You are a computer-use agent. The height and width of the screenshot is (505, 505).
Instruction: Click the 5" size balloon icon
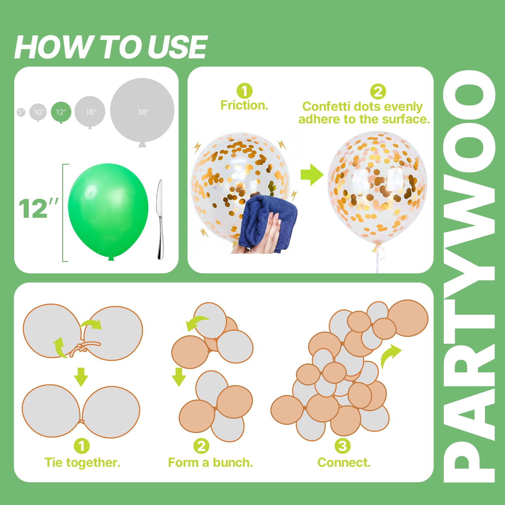click(x=21, y=112)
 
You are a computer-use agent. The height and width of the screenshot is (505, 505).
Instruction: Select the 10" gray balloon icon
click(x=38, y=112)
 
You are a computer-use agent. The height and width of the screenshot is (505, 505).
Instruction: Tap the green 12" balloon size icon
click(x=61, y=112)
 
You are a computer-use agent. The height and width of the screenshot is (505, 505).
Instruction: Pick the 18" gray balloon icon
click(x=90, y=112)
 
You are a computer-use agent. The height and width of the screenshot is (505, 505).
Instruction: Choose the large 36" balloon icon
click(x=142, y=112)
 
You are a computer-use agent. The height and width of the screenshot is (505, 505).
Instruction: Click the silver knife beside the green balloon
click(x=160, y=220)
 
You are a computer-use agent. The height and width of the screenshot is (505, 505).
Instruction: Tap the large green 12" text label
click(x=39, y=209)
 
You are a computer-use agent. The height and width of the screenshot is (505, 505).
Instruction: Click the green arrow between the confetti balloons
click(x=312, y=175)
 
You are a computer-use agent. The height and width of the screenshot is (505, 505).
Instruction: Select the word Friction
click(x=244, y=105)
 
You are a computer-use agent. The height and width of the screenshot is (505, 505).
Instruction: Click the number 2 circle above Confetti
click(x=378, y=92)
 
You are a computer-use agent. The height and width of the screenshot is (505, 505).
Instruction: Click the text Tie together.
click(x=83, y=462)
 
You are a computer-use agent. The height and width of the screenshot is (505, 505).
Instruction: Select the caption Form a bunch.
click(x=211, y=462)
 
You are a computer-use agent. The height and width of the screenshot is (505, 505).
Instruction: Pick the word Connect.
click(x=344, y=462)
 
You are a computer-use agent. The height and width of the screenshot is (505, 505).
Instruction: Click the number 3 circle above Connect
click(x=342, y=446)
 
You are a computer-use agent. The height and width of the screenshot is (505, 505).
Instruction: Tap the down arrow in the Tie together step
click(x=81, y=377)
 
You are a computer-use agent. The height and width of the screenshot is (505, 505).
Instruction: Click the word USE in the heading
click(x=177, y=47)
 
